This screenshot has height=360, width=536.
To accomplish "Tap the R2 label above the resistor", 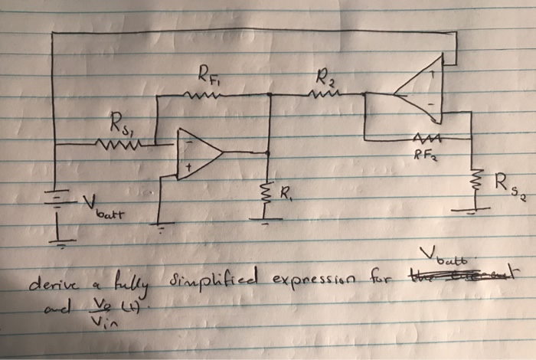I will coord(323,77).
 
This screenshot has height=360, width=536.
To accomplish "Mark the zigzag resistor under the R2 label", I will coord(319,95).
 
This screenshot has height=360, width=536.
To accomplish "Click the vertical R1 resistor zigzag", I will coord(267,191).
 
